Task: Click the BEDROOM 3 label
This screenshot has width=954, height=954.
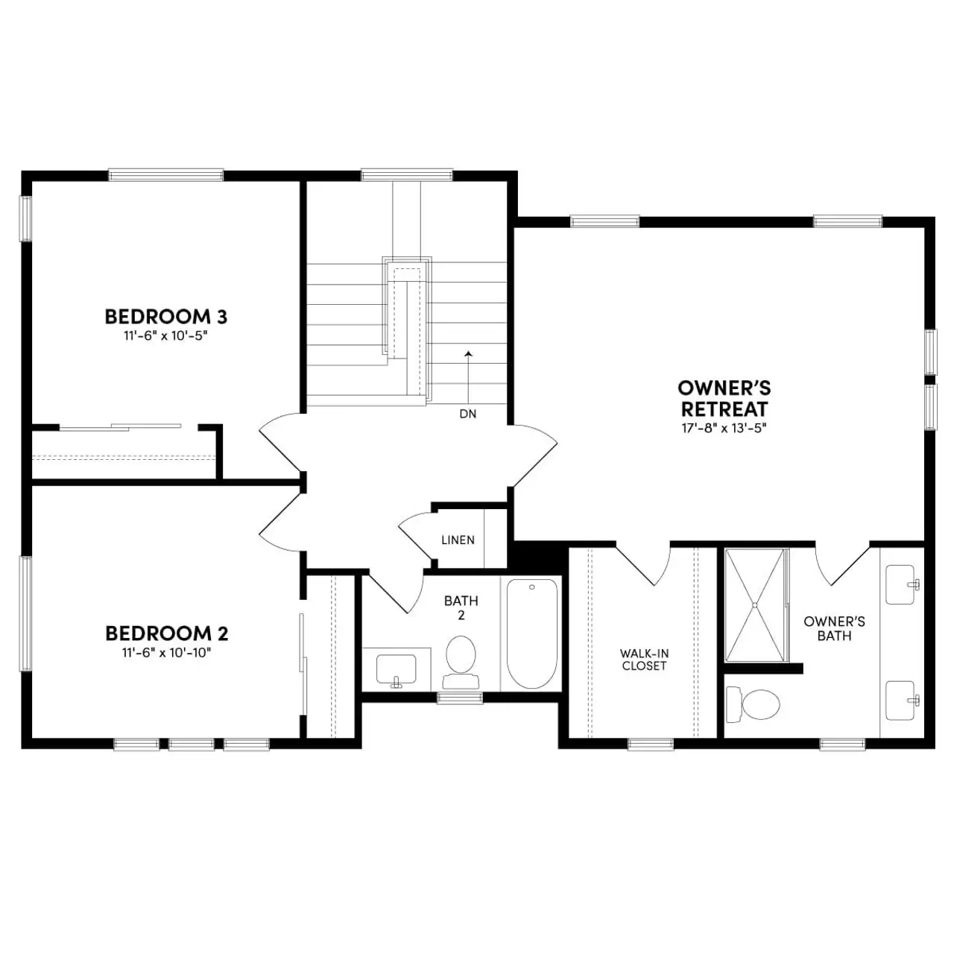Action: tap(165, 317)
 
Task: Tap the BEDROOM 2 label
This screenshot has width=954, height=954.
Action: tap(166, 634)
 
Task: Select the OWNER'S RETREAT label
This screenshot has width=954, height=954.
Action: tap(724, 399)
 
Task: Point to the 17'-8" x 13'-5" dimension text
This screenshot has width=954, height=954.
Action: tap(724, 429)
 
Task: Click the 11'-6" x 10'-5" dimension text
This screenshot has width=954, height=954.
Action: tap(165, 336)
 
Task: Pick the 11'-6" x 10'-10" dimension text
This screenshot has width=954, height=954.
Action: tap(167, 653)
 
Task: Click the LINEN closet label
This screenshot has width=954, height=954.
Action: tap(458, 540)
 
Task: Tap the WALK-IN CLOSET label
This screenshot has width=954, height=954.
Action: tap(644, 660)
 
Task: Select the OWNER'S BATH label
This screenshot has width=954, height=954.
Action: tap(834, 628)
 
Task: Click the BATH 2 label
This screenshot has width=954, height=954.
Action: tap(461, 607)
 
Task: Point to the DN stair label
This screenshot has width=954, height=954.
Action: tap(468, 414)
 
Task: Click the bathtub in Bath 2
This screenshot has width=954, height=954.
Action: tap(531, 634)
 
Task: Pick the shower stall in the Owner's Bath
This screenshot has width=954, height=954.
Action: tap(756, 604)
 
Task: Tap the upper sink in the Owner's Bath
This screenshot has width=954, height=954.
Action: tap(902, 584)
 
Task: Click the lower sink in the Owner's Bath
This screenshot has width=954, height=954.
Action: tap(902, 700)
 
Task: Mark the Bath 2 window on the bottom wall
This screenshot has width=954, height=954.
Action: tap(459, 698)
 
